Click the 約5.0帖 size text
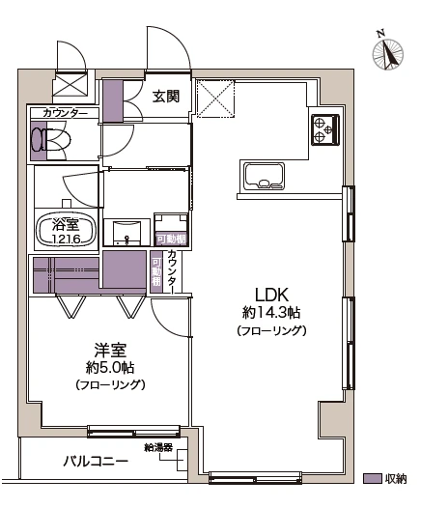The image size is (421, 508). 111,367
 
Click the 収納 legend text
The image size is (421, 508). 395,478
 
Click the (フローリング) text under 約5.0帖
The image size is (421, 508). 111,384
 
